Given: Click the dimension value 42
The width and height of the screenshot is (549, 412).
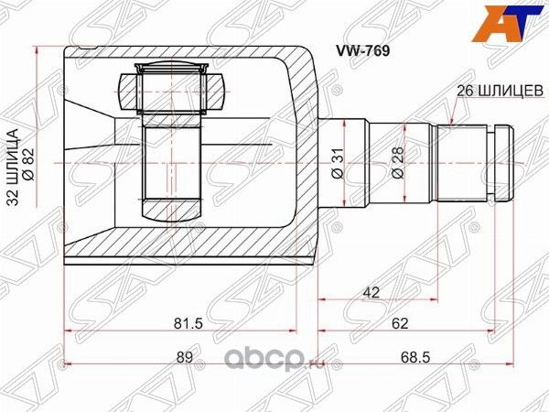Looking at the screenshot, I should pyautogui.click(x=371, y=291).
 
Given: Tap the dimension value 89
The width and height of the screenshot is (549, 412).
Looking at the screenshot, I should pyautogui.click(x=186, y=356).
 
